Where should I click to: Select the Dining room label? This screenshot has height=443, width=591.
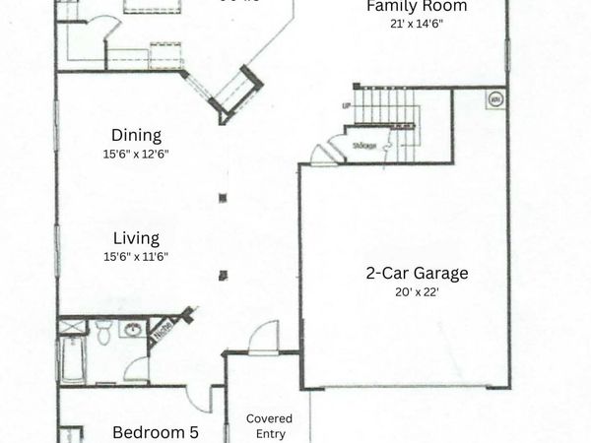point(136,136)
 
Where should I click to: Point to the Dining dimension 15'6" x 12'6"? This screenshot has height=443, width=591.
point(136,154)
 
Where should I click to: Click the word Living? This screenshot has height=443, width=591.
point(136,238)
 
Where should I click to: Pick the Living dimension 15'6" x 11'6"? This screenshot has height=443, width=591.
point(136,256)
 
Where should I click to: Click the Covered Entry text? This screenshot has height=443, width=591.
point(269,425)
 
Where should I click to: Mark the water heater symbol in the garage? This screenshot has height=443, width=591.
point(493,99)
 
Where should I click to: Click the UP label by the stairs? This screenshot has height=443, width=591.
point(347,105)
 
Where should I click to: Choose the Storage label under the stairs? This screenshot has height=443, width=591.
point(364,145)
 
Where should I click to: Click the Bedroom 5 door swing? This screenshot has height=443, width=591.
point(199,398)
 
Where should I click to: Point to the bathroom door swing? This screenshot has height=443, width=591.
point(136,370)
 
